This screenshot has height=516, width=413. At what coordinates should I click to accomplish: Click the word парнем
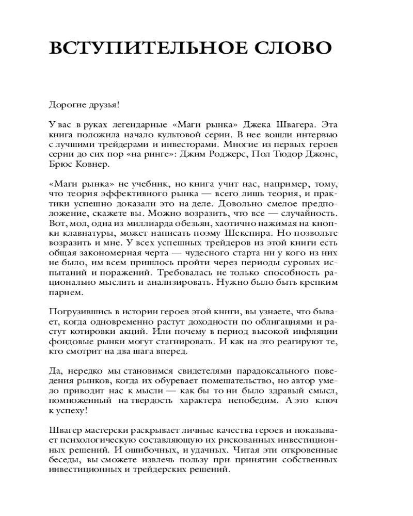[65, 292]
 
